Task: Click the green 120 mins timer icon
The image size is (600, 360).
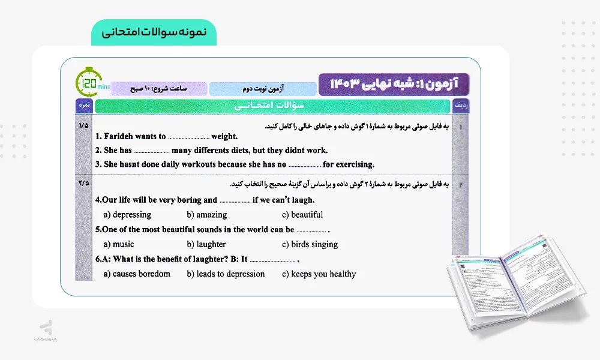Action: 88,83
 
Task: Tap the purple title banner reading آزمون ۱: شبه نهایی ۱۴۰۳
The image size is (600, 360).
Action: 394,83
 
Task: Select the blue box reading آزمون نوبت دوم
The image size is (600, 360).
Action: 262,89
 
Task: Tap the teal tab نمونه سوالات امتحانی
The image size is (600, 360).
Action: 154,32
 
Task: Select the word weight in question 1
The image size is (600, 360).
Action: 224,136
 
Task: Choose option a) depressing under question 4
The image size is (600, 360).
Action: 127,215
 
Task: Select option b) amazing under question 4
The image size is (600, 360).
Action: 207,215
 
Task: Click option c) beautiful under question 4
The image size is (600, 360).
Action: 302,215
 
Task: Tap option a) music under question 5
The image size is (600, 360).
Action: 119,244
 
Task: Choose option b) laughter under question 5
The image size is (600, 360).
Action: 206,244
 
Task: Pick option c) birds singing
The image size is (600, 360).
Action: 310,244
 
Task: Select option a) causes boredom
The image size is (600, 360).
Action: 137,274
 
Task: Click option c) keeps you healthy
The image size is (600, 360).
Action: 319,274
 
